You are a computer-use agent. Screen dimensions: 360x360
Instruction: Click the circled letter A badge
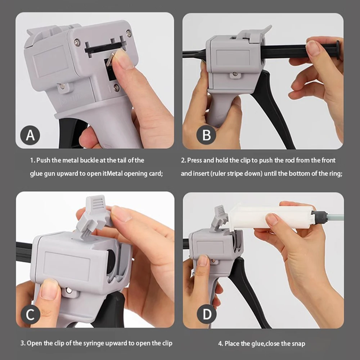coord(31,136)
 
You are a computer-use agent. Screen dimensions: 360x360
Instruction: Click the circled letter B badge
coord(207,136)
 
